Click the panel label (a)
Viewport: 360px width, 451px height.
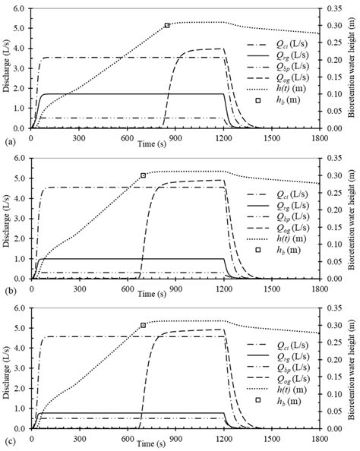(7, 142)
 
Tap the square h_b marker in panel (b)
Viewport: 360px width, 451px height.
(143, 175)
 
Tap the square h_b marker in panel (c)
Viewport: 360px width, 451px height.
(143, 325)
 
